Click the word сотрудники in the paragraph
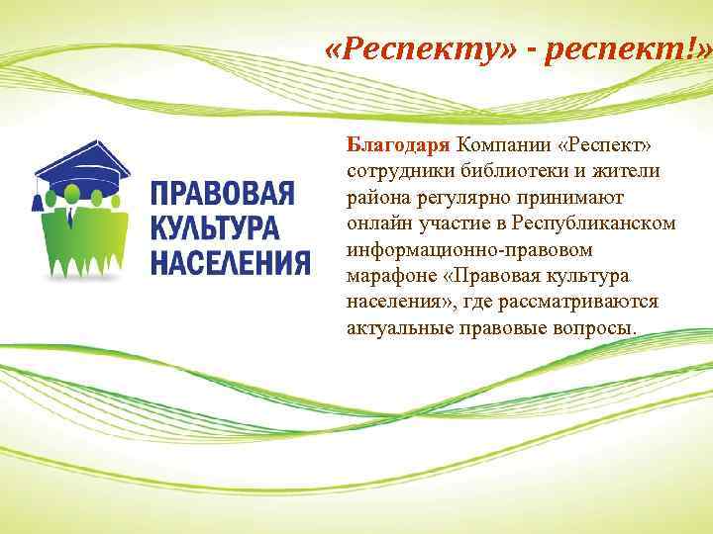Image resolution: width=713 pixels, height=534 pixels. pyautogui.click(x=394, y=172)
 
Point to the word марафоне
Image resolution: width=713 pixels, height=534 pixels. pyautogui.click(x=391, y=275)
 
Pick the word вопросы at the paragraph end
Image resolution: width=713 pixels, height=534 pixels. pyautogui.click(x=600, y=326)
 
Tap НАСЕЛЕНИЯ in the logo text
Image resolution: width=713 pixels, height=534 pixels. pyautogui.click(x=230, y=262)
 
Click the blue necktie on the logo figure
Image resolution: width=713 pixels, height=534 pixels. pyautogui.click(x=73, y=217)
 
